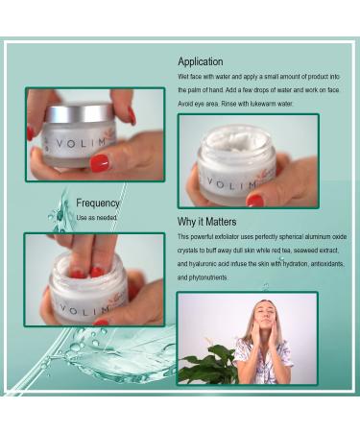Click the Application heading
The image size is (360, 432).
pyautogui.click(x=200, y=61)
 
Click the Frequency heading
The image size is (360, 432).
pyautogui.click(x=98, y=204)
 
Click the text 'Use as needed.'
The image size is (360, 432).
pyautogui.click(x=97, y=217)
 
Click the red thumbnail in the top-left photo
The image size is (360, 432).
pyautogui.click(x=100, y=162)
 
